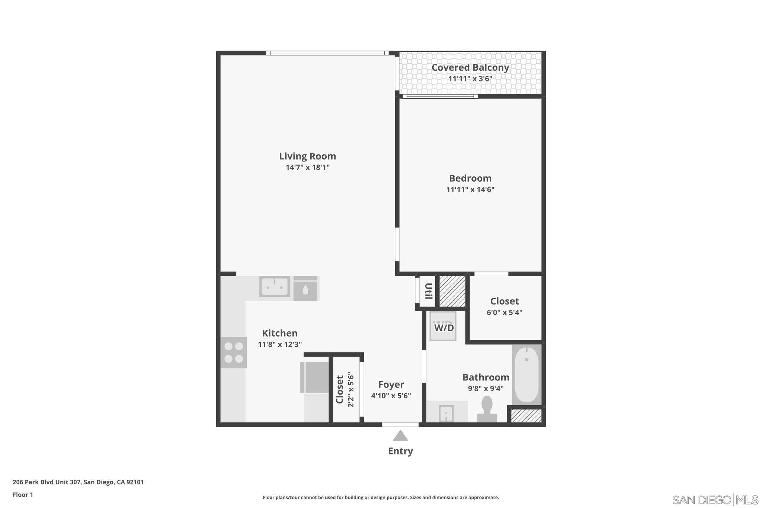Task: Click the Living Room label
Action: click(307, 156)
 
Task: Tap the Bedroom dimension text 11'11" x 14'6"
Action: click(470, 189)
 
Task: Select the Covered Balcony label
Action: click(470, 68)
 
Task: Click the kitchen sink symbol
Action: click(275, 287)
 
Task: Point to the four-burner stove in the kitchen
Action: click(234, 352)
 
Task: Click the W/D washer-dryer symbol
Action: click(443, 327)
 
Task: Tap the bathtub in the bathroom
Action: click(526, 374)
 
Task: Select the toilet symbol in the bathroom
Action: click(487, 409)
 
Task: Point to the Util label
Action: click(428, 291)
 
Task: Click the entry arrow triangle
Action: click(400, 436)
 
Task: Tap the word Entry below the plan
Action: click(400, 451)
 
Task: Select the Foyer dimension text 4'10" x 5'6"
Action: click(391, 396)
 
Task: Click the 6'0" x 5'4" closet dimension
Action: click(504, 312)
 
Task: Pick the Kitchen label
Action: click(280, 333)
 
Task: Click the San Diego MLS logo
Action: click(715, 499)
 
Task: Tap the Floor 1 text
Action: click(23, 495)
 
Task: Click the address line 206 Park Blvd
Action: click(78, 482)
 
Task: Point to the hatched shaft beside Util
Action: click(452, 291)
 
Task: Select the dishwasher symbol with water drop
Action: click(305, 289)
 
